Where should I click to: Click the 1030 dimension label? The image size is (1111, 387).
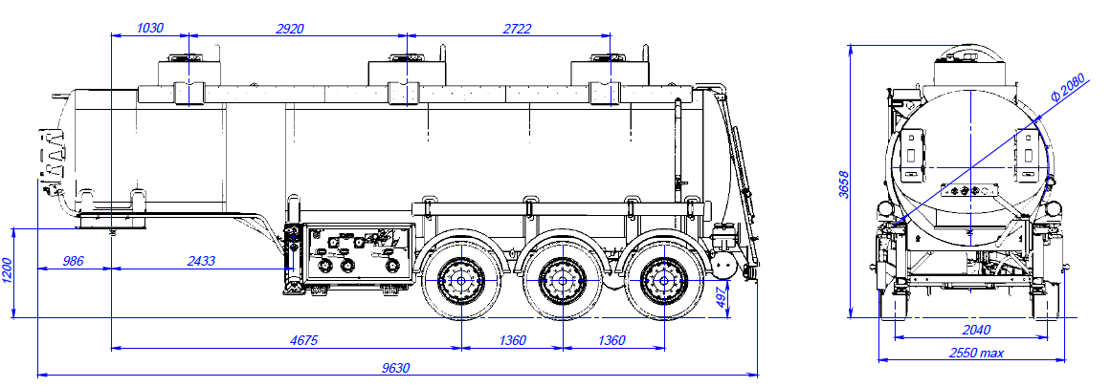click(x=150, y=29)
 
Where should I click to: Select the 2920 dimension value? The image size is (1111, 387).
click(x=289, y=29)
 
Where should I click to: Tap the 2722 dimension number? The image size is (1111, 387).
click(x=517, y=29)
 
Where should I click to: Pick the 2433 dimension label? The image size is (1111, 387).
click(x=200, y=260)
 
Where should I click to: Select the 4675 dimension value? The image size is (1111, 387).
click(x=303, y=340)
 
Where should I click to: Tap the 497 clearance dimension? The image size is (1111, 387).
click(x=722, y=298)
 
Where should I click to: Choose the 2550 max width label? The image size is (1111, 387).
click(x=976, y=354)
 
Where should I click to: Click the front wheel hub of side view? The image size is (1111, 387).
click(x=460, y=281)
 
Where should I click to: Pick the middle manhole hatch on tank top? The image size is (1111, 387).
click(x=406, y=74)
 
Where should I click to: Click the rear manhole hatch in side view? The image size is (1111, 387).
click(x=607, y=74)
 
